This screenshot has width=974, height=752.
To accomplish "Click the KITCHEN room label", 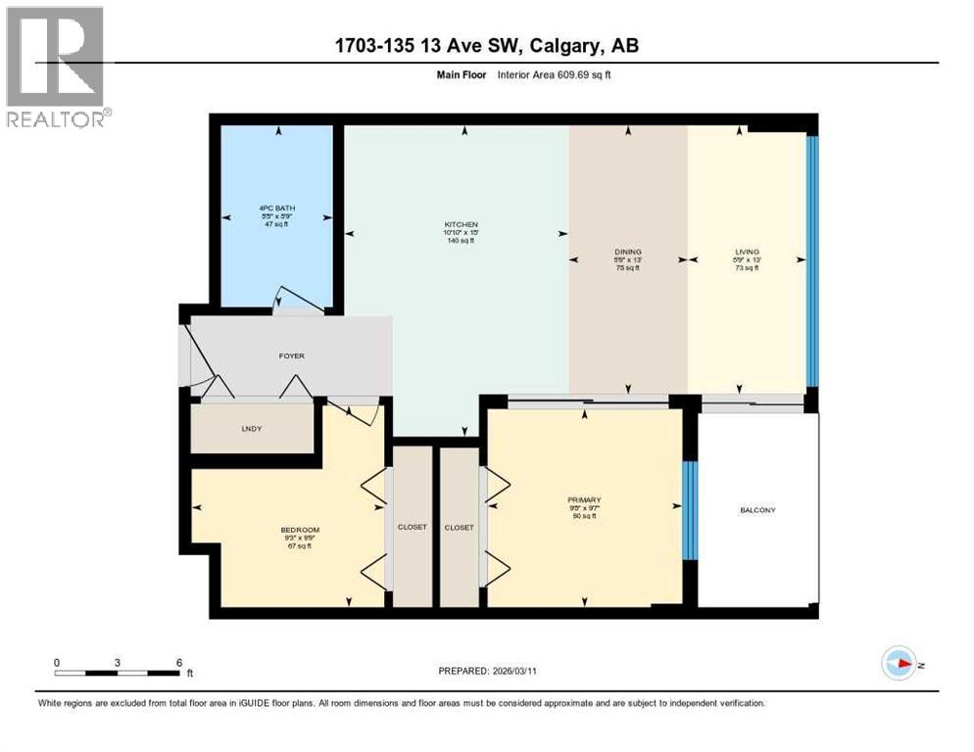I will click(460, 224).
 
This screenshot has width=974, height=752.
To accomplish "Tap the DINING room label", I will click(627, 252).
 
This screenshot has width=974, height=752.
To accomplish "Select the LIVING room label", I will click(747, 252).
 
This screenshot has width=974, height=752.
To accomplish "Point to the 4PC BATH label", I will click(277, 208).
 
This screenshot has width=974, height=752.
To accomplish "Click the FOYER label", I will click(292, 355).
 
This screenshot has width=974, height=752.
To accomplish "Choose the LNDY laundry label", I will click(253, 429).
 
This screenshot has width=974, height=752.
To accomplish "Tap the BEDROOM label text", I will click(300, 530).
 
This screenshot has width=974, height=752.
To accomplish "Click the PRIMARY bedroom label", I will click(583, 499).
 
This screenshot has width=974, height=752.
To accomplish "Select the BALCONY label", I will click(756, 510).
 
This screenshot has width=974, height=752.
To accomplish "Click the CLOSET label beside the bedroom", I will click(412, 527).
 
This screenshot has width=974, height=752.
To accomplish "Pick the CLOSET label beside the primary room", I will click(459, 527).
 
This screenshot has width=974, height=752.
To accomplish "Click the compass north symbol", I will click(899, 663).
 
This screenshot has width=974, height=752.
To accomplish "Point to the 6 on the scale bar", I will click(177, 662).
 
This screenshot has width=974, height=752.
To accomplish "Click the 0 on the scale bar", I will click(57, 662).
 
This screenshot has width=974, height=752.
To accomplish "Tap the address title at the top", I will click(486, 46).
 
